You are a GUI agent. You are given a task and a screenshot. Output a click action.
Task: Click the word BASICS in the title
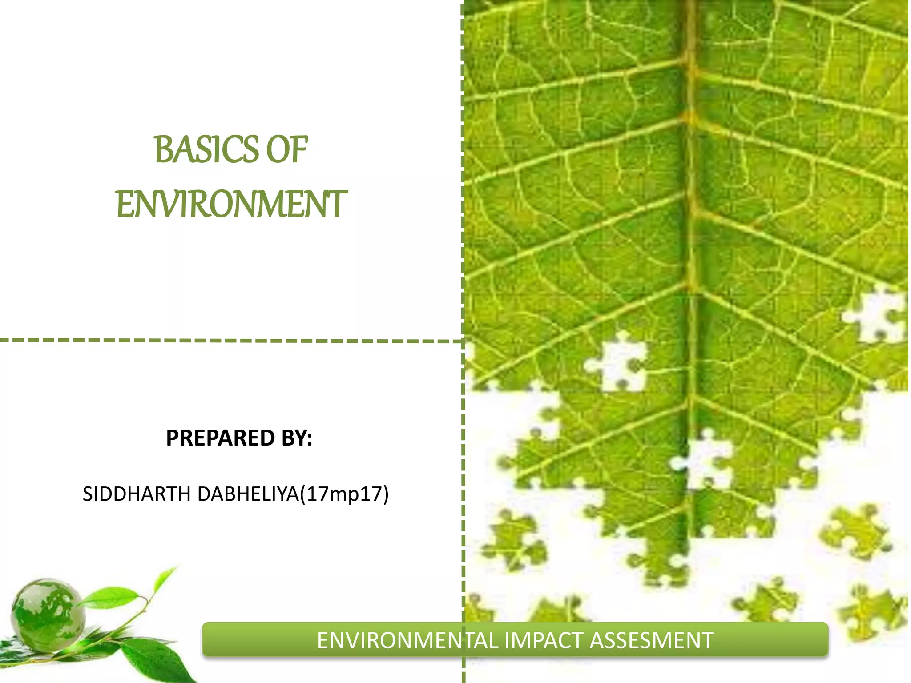pos(206,149)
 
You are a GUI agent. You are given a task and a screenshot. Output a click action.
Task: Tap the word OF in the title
pos(286,149)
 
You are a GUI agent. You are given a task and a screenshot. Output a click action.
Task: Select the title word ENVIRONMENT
pos(231,204)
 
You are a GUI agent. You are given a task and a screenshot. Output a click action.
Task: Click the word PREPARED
pos(220,438)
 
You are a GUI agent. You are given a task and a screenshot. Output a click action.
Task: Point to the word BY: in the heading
pos(297,438)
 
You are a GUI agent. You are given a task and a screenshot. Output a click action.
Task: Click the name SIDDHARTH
pos(137,494)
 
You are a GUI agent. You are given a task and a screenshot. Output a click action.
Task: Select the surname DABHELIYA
pos(248,494)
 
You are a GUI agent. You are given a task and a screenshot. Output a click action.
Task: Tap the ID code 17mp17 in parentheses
pos(344,494)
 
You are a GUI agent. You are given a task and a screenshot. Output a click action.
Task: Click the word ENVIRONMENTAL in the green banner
pos(408,641)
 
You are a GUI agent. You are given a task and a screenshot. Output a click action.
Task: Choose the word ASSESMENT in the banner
pos(652,641)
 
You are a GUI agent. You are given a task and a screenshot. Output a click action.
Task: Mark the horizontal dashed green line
pos(222,341)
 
